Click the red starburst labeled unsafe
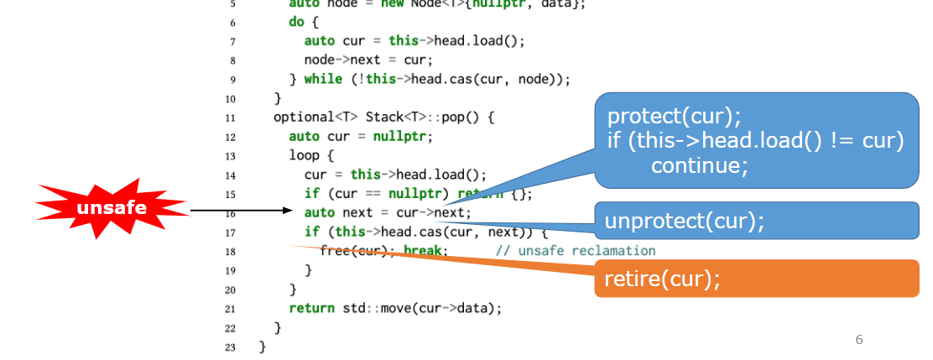point(112,208)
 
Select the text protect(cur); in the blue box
point(674,116)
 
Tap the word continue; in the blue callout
point(699,165)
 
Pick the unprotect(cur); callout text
point(685,221)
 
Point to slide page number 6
point(858,339)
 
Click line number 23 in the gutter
point(230,347)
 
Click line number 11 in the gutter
point(230,117)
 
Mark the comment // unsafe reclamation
point(575,251)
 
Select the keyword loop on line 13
point(304,155)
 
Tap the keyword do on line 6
point(296,22)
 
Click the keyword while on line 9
point(321,80)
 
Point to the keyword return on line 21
point(311,308)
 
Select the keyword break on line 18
point(424,251)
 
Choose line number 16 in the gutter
point(230,213)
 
